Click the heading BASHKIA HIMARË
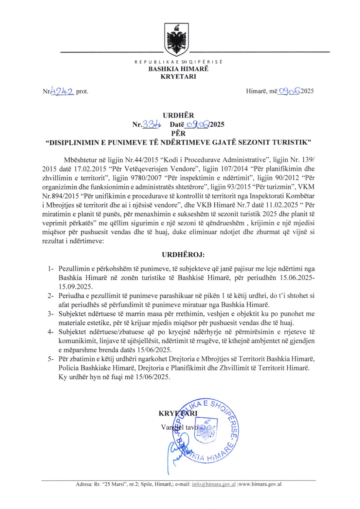(x=178, y=69)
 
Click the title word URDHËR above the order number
(x=178, y=115)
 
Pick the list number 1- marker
(x=50, y=269)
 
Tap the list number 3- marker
(x=50, y=314)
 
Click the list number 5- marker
(x=50, y=359)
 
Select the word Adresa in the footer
(x=84, y=484)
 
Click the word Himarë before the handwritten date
(x=256, y=91)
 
